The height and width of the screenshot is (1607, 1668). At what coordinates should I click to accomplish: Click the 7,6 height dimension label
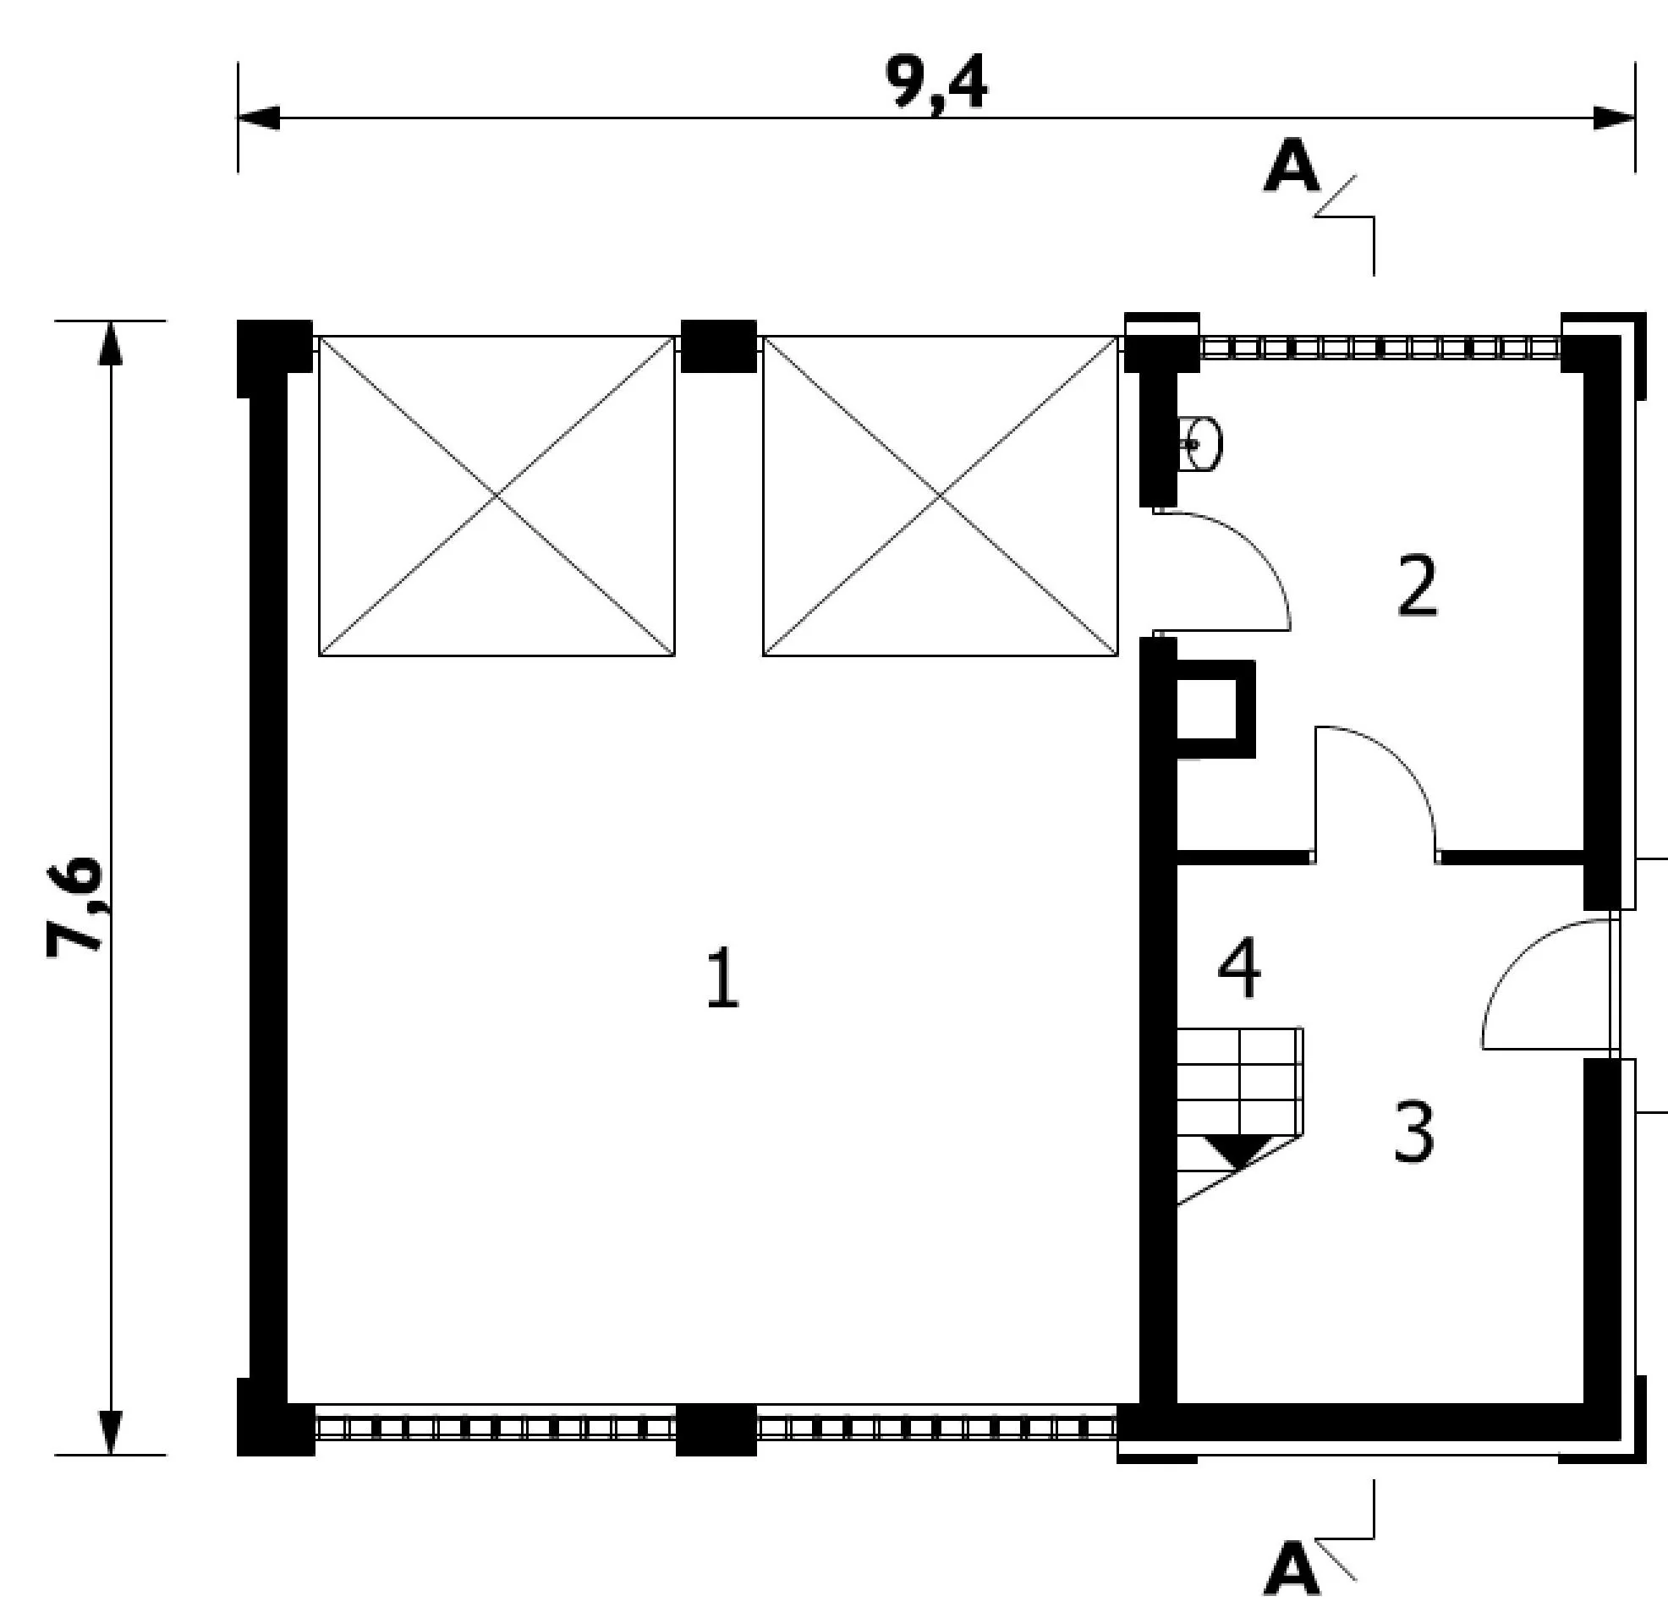point(75,908)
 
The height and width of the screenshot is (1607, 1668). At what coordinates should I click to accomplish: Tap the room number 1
point(723,978)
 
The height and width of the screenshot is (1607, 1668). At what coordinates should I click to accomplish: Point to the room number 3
point(1413,1131)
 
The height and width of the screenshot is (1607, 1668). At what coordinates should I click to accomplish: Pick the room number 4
point(1239,968)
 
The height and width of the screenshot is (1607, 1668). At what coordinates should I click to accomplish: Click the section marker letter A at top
point(1292,167)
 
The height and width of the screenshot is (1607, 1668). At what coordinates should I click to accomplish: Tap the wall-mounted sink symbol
point(1200,443)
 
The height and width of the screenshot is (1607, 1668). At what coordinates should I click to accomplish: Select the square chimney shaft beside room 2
point(1215,709)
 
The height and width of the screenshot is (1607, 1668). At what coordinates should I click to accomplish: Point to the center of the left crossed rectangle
point(497,496)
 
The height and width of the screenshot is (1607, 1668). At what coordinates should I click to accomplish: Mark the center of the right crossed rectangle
point(941,496)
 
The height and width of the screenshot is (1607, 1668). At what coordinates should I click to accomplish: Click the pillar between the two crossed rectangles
point(719,346)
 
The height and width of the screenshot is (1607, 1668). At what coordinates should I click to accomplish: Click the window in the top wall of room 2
point(1380,348)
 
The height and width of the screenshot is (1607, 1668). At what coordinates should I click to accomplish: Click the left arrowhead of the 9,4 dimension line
point(259,118)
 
